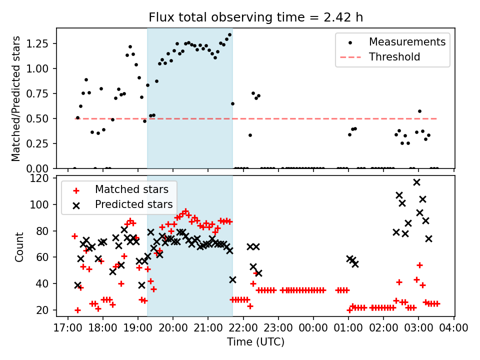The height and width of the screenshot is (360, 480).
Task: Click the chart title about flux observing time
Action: click(255, 17)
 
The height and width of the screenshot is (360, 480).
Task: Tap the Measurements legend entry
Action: click(406, 42)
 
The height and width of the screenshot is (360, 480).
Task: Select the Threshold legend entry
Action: click(394, 57)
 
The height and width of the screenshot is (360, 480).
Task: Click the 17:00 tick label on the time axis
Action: click(67, 328)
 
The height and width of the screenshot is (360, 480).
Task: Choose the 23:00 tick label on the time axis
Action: click(278, 328)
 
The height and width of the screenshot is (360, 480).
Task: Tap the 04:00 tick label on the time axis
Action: click(454, 328)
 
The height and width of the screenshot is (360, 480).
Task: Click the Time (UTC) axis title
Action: click(255, 342)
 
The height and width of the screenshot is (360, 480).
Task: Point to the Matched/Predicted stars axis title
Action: click(16, 98)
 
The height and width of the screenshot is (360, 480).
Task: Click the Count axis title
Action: click(19, 246)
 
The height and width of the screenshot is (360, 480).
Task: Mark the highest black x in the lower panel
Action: click(416, 182)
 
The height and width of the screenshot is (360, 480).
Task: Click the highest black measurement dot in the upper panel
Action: click(229, 35)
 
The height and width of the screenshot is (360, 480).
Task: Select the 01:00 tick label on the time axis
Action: click(348, 328)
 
